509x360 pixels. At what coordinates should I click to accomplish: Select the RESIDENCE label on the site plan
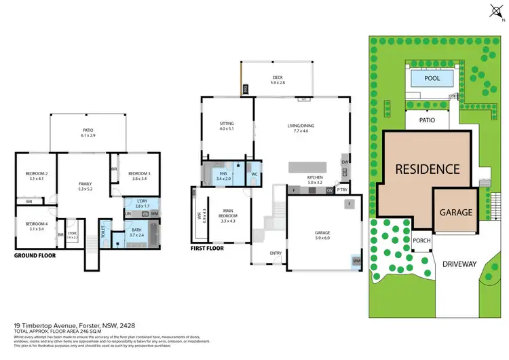[x=428, y=169]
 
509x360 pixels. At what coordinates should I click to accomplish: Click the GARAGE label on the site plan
[x=457, y=212]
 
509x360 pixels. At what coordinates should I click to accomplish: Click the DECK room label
[x=277, y=77]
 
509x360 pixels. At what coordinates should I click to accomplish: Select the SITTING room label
[x=226, y=124]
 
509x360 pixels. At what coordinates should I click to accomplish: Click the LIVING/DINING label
[x=301, y=125]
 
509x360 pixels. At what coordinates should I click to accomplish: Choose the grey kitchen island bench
[x=312, y=167]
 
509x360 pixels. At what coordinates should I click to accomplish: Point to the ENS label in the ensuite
[x=223, y=174]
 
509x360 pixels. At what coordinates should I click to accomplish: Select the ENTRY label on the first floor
[x=276, y=253]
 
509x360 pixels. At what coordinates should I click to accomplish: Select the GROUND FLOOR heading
[x=34, y=257]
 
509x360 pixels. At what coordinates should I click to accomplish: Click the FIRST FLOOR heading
[x=207, y=249]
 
